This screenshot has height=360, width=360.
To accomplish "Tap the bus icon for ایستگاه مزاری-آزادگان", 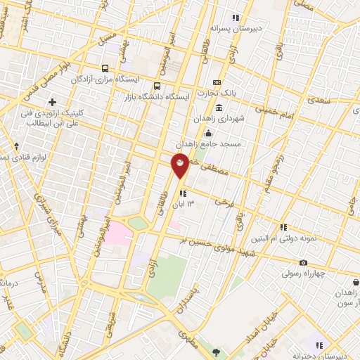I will coord(105,68).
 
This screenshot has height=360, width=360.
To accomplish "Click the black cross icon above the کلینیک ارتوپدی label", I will coord(53,103).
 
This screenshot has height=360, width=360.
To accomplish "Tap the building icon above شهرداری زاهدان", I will coord(219,108).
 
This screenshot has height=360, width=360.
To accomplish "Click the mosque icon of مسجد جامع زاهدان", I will coord(207,133).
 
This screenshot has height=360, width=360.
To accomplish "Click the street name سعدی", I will coord(319,101).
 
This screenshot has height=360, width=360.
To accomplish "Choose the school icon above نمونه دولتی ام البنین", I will coord(283,227).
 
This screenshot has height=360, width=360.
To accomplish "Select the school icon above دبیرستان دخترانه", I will coord(319,345).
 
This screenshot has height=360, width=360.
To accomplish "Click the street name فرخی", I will coord(226,200).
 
